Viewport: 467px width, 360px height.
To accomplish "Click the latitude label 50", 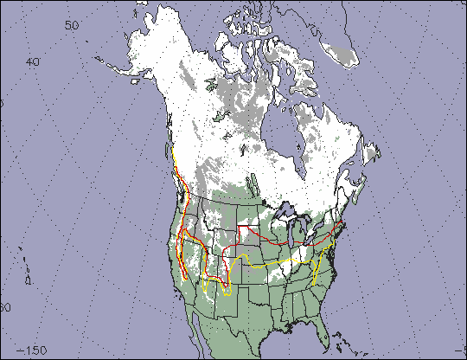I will pos(73,26).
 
